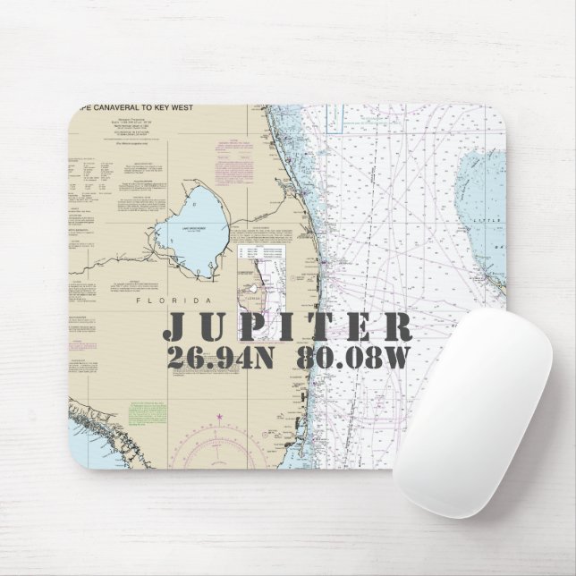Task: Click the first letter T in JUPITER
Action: coord(322,326)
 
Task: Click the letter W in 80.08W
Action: coord(393,358)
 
